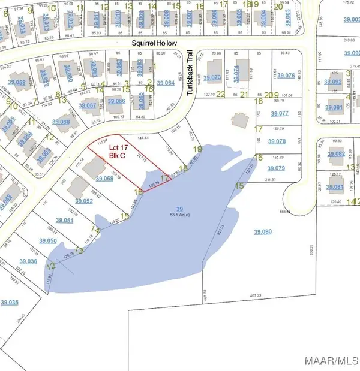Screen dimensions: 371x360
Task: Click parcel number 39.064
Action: pyautogui.click(x=165, y=83)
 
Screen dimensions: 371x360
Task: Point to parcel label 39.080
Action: pyautogui.click(x=263, y=232)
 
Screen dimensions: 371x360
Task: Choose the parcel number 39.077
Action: pyautogui.click(x=280, y=113)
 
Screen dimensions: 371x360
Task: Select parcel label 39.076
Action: pyautogui.click(x=287, y=76)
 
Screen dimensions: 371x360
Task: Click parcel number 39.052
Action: pyautogui.click(x=83, y=201)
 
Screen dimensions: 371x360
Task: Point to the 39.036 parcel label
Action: pyautogui.click(x=28, y=261)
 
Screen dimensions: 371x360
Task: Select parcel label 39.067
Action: pyautogui.click(x=88, y=106)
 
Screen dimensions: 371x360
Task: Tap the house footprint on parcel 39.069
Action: pyautogui.click(x=94, y=167)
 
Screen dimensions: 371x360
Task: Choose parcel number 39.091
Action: pyautogui.click(x=334, y=108)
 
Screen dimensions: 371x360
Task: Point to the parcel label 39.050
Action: pyautogui.click(x=47, y=240)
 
